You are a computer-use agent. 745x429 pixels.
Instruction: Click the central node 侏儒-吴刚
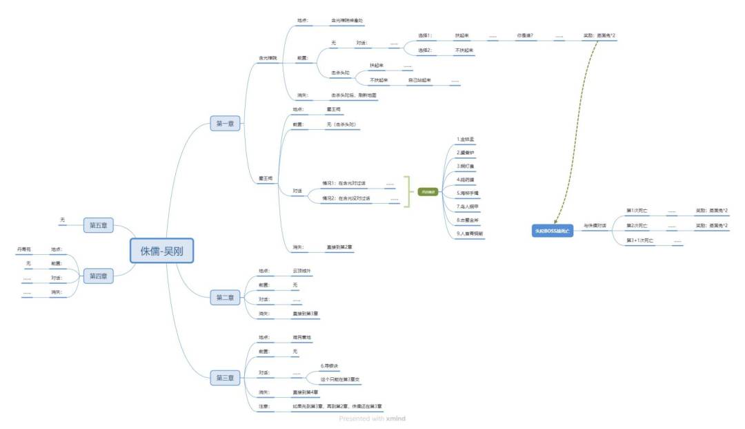(162, 250)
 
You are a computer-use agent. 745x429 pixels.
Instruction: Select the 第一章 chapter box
(225, 124)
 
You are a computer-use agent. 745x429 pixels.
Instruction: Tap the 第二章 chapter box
(225, 298)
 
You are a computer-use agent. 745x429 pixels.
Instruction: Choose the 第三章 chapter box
(225, 378)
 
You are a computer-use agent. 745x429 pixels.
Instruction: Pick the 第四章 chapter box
(99, 276)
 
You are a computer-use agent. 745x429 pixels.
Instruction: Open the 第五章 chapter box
(99, 225)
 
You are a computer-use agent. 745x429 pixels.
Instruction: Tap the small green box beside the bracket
(428, 191)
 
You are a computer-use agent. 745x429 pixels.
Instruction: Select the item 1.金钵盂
(466, 139)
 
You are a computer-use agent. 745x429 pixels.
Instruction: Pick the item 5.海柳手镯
(468, 193)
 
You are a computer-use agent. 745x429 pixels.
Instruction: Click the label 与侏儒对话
(595, 226)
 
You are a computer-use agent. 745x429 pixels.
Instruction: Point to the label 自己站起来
(419, 80)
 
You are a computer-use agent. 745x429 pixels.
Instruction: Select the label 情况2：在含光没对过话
(346, 198)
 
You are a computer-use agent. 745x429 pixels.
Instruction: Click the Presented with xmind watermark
(372, 418)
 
